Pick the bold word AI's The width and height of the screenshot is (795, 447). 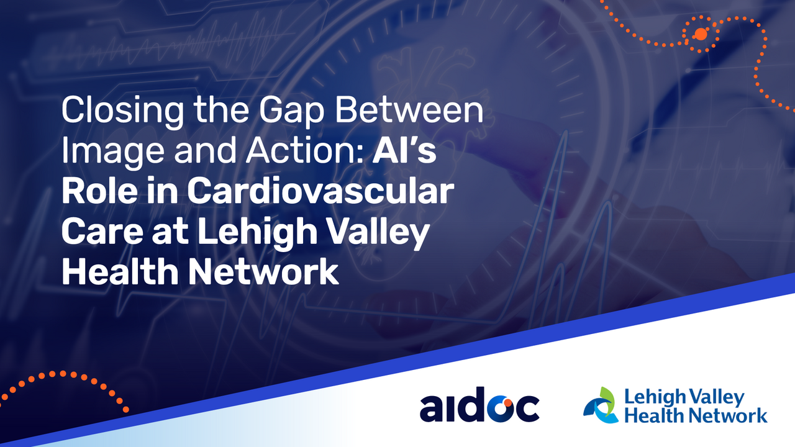point(404,150)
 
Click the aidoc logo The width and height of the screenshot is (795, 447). point(479,404)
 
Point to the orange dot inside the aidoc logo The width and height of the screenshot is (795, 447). point(507,403)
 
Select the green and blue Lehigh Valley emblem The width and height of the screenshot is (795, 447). point(601,405)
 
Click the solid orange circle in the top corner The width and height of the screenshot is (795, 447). point(701,34)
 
